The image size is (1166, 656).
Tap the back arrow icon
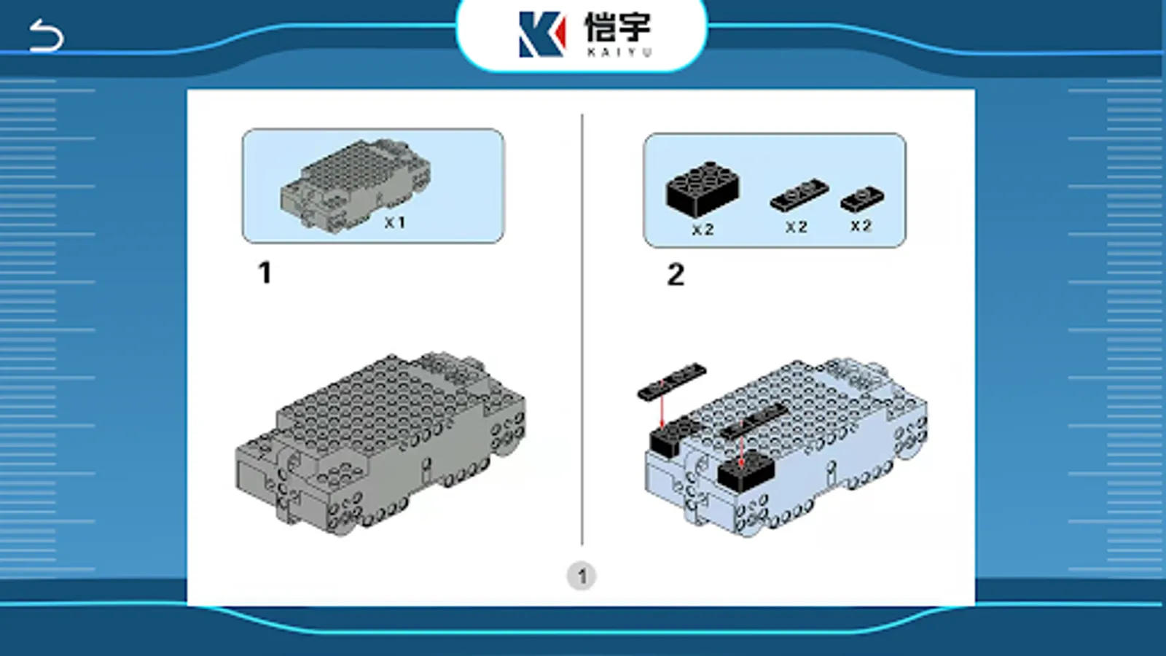tap(46, 36)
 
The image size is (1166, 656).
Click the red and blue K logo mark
tap(542, 34)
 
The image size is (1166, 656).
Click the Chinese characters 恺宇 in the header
tap(618, 27)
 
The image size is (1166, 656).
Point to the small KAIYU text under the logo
tap(619, 52)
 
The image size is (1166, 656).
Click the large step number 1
tap(265, 273)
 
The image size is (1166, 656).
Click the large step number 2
tap(676, 274)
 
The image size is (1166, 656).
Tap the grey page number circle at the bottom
tap(582, 577)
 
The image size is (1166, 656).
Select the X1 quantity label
tap(394, 223)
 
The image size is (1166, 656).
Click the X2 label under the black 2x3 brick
tap(703, 230)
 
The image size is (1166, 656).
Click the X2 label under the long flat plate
tap(797, 227)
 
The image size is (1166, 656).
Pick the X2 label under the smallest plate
tap(861, 226)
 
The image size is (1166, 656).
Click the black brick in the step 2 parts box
tap(703, 189)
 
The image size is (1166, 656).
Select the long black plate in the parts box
tap(799, 195)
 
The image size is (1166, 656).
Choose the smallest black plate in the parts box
tap(862, 198)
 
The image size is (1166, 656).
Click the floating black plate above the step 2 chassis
tap(672, 382)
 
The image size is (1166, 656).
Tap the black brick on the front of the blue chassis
tap(746, 471)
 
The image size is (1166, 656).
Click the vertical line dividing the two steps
tap(582, 329)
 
